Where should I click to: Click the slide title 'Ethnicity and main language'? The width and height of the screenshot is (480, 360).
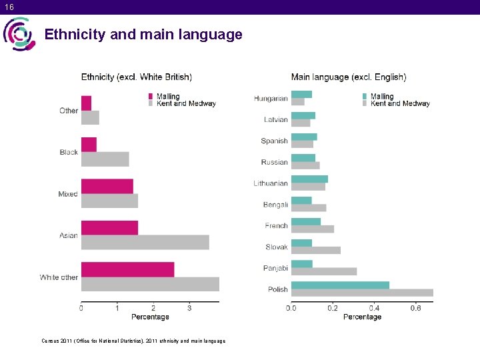pyautogui.click(x=143, y=35)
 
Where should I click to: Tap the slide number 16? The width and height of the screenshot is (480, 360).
pyautogui.click(x=8, y=7)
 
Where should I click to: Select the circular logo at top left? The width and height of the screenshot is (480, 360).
pyautogui.click(x=19, y=34)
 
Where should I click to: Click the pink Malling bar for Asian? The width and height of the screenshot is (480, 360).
pyautogui.click(x=109, y=228)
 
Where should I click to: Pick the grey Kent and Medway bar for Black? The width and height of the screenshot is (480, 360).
pyautogui.click(x=105, y=159)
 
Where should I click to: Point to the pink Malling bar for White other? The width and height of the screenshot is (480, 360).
pyautogui.click(x=127, y=269)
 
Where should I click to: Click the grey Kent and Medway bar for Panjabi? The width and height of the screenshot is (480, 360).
pyautogui.click(x=324, y=271)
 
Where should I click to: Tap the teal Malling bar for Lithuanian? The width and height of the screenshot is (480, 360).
pyautogui.click(x=309, y=179)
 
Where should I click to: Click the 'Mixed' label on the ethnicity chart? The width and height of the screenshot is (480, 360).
pyautogui.click(x=68, y=194)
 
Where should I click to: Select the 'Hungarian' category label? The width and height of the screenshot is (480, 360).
pyautogui.click(x=271, y=99)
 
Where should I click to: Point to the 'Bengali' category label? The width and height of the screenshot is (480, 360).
pyautogui.click(x=275, y=205)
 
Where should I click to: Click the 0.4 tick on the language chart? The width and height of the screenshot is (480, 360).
pyautogui.click(x=374, y=308)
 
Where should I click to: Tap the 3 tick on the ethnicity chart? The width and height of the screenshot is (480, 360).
pyautogui.click(x=189, y=308)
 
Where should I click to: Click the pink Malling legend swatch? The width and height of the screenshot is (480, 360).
pyautogui.click(x=151, y=97)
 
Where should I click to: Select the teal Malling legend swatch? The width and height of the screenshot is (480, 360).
pyautogui.click(x=365, y=97)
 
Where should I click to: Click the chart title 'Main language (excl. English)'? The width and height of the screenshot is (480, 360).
pyautogui.click(x=349, y=77)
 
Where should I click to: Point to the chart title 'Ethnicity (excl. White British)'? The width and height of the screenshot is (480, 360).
pyautogui.click(x=137, y=77)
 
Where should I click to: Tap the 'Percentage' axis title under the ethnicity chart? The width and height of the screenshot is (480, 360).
pyautogui.click(x=150, y=317)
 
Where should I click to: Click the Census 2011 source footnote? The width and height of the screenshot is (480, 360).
pyautogui.click(x=133, y=341)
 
